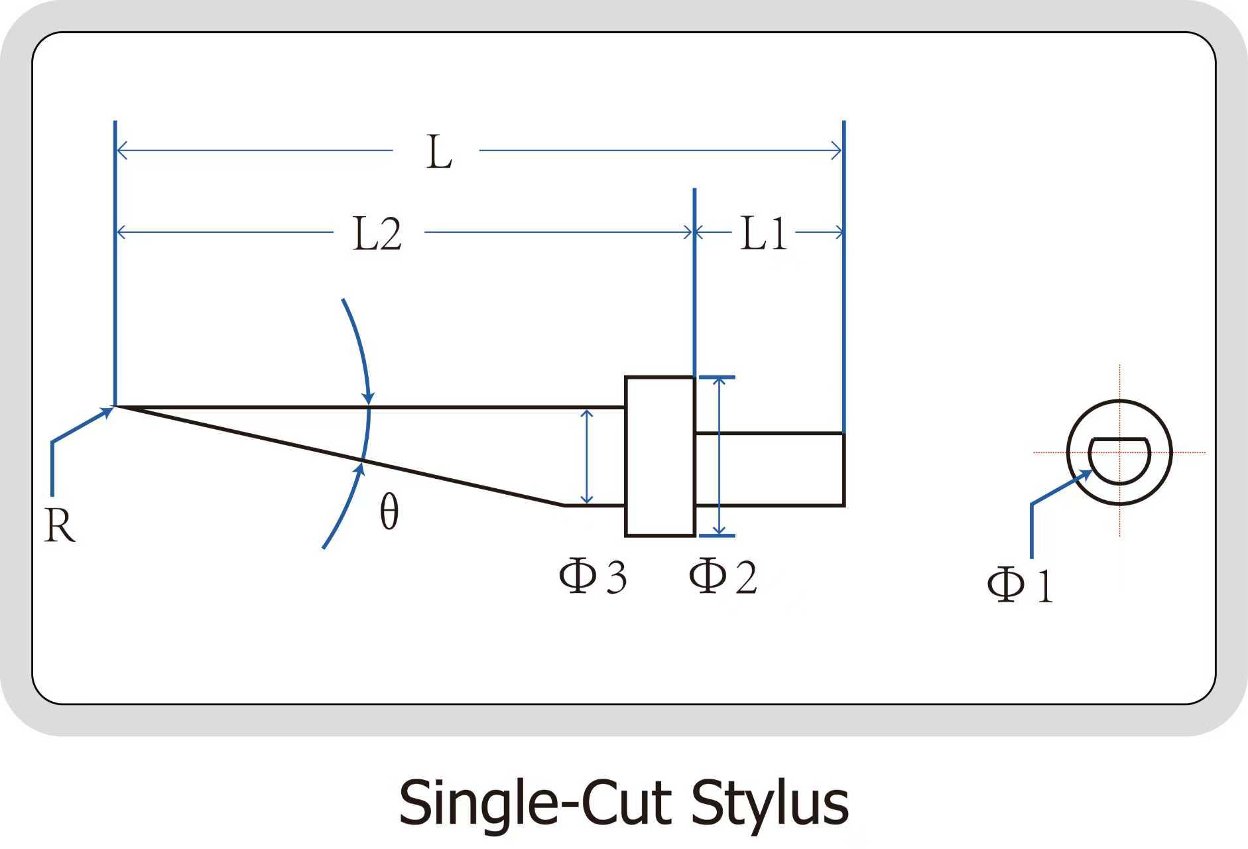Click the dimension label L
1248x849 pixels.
pos(438,153)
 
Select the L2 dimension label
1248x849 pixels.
pos(377,234)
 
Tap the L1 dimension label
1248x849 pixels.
pos(763,233)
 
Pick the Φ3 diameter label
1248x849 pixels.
pos(592,576)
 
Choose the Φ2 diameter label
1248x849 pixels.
pos(722,576)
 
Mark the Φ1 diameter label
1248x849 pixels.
pos(1020,584)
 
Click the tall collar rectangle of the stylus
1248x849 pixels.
pos(660,456)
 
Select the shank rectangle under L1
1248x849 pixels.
pos(769,470)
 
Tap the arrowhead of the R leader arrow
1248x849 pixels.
pos(107,411)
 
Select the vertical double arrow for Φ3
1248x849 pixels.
pos(586,456)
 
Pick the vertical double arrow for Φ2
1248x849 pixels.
pos(718,456)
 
